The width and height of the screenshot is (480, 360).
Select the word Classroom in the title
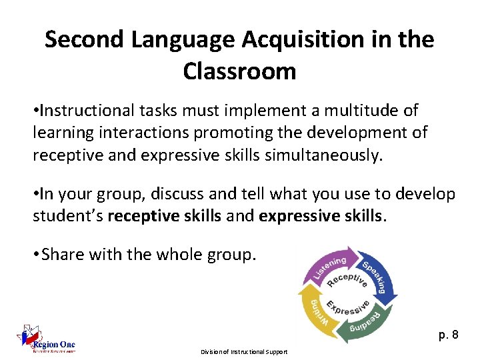239,71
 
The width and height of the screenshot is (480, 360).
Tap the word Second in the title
85,40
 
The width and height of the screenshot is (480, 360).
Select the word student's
68,217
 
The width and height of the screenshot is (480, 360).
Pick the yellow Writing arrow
316,313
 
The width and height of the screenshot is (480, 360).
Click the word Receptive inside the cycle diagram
347,281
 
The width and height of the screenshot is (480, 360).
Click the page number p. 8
449,335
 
